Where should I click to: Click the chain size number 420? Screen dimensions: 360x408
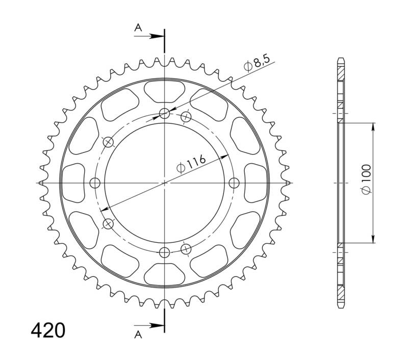point(48,330)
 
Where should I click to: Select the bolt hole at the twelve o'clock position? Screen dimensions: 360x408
point(164,113)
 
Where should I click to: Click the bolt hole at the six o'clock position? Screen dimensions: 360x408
point(164,252)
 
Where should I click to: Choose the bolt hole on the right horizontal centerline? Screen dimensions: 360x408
point(234,183)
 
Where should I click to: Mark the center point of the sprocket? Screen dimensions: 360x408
point(164,183)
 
